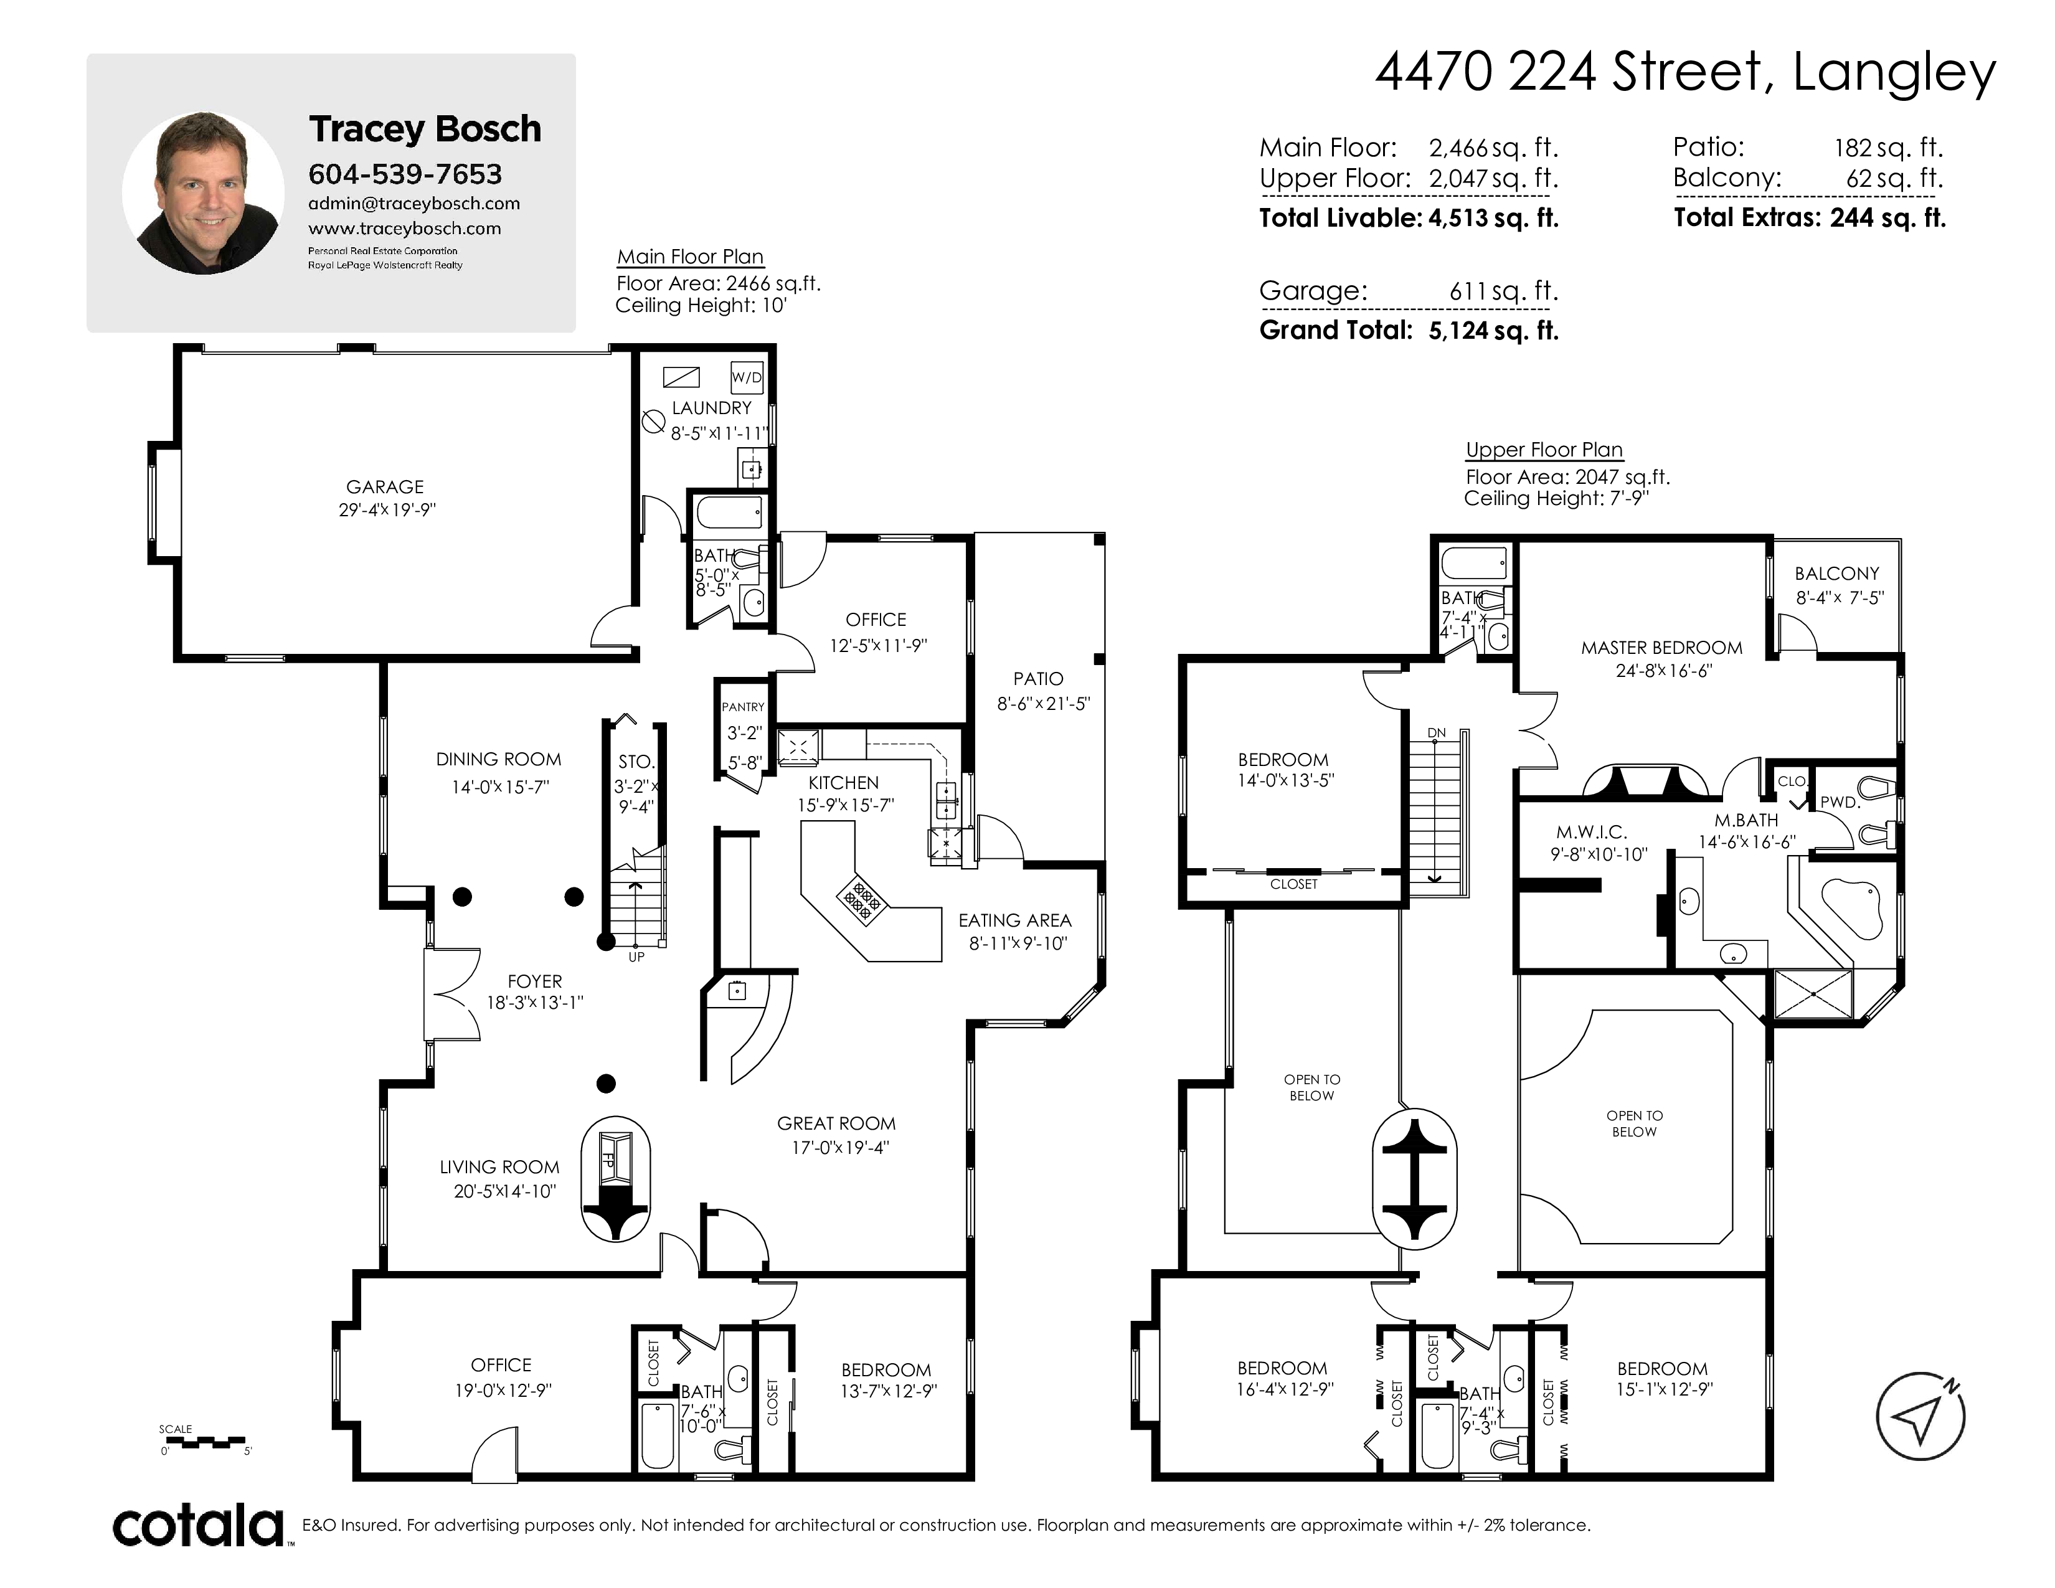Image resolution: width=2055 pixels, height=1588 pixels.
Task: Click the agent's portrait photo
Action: [203, 193]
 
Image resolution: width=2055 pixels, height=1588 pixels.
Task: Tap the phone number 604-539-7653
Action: [405, 174]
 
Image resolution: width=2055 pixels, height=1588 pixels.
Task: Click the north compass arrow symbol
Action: [1920, 1416]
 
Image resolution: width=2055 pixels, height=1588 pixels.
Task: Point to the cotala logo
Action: [199, 1526]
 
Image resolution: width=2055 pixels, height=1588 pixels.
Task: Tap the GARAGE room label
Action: [385, 486]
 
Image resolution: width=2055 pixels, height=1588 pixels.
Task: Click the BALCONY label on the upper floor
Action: [1836, 573]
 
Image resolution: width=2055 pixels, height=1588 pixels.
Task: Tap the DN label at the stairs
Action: [1436, 733]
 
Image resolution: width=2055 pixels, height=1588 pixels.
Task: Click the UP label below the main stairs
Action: [636, 957]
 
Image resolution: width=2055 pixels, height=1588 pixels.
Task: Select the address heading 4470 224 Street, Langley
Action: [1685, 72]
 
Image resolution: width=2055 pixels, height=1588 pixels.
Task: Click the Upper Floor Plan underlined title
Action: [1544, 450]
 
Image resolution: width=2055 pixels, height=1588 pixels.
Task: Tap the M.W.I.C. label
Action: [1591, 831]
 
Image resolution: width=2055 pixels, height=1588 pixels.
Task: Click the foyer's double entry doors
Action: [453, 995]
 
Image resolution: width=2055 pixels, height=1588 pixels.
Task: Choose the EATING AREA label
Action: [1015, 920]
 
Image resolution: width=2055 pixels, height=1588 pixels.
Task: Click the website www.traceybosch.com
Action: [405, 229]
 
